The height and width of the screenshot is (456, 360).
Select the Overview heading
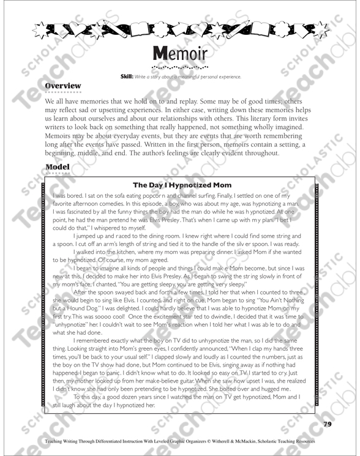[x=64, y=86]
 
